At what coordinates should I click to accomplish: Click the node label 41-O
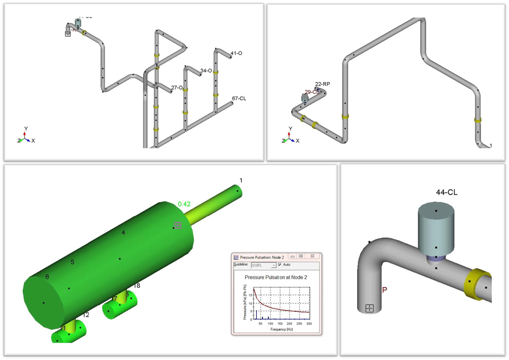pos(236,53)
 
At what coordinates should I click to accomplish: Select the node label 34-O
pos(206,71)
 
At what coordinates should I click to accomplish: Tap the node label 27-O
pos(177,88)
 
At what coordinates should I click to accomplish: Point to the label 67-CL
pos(239,98)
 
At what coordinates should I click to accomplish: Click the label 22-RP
pos(322,84)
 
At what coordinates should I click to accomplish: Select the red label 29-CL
pos(311,92)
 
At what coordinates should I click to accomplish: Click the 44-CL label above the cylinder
pos(447,192)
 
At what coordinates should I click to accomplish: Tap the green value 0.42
pos(184,204)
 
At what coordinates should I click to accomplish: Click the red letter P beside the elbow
pos(384,290)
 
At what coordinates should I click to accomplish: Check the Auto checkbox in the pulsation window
pos(280,265)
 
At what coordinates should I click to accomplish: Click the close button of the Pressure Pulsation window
pos(312,256)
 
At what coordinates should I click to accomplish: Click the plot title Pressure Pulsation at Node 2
pos(276,277)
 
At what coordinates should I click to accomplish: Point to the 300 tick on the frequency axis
pos(309,324)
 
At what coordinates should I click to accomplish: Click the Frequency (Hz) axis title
pos(281,329)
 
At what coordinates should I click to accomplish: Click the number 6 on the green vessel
pos(47,277)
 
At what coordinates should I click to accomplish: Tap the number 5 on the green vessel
pos(72,262)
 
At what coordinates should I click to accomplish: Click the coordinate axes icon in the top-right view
pos(290,137)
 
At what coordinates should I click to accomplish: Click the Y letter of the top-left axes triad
pos(26,129)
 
